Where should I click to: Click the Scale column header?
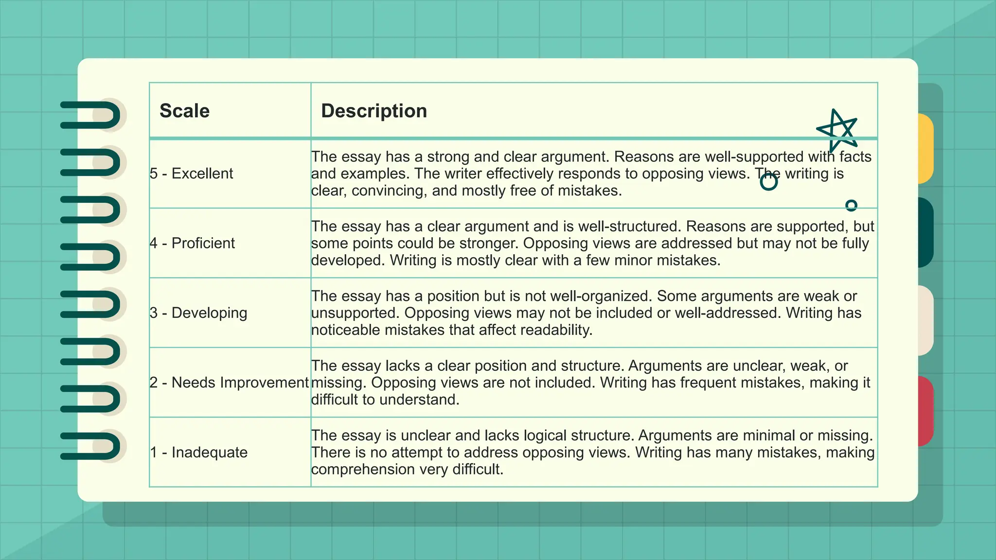click(184, 111)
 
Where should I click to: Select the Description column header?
click(373, 111)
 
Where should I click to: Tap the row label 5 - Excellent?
click(191, 174)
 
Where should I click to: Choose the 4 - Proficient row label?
click(192, 243)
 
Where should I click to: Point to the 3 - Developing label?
click(198, 313)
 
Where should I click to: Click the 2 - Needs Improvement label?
click(229, 383)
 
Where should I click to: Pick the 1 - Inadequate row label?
click(198, 452)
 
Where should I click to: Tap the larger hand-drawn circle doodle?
click(769, 182)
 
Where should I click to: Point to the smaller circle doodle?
click(851, 205)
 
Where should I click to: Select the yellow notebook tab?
click(926, 149)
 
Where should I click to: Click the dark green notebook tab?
click(926, 232)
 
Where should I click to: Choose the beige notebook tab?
click(926, 320)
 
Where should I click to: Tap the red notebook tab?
click(926, 411)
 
